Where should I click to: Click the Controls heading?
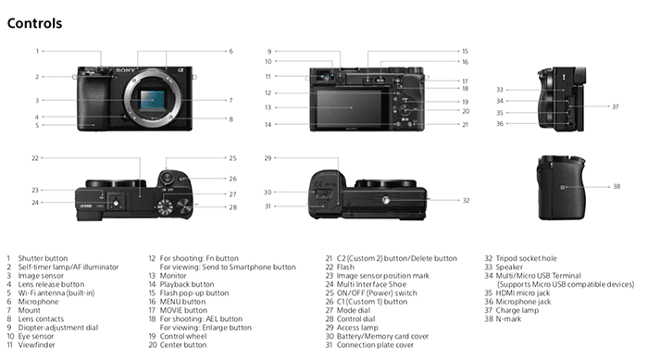35,23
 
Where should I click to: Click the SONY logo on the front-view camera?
126,70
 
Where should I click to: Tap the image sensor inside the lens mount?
152,100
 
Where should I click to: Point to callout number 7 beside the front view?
231,100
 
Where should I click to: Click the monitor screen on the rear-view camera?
352,107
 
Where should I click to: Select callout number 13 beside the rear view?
268,107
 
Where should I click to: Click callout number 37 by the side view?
616,106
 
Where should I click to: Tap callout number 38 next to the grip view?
617,186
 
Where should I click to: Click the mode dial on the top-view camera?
165,206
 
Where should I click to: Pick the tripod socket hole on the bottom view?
386,200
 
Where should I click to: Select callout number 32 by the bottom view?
467,201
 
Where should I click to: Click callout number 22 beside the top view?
35,158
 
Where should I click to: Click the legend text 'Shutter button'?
43,258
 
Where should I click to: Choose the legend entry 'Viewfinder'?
36,344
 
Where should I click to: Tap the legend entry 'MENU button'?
182,302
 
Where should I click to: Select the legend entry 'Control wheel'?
183,336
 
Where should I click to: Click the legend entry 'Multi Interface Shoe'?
371,284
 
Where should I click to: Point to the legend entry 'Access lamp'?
357,328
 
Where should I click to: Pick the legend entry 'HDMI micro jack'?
523,293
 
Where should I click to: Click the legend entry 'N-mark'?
508,318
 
